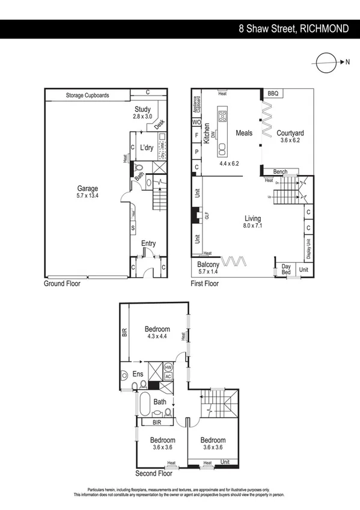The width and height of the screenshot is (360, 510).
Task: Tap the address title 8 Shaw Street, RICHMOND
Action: click(x=293, y=29)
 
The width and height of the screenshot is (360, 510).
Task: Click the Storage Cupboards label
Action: click(x=88, y=95)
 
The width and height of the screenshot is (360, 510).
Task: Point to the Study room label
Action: click(x=143, y=109)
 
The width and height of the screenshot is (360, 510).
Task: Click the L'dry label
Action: click(x=148, y=147)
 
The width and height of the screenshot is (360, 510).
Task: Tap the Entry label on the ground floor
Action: click(x=148, y=243)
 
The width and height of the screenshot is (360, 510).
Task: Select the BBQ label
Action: click(x=274, y=93)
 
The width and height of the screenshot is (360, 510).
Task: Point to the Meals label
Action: click(x=244, y=133)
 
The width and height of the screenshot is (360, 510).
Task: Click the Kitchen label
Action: click(x=206, y=132)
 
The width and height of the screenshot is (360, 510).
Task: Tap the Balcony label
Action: click(x=208, y=264)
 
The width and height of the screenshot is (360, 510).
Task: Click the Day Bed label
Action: click(x=286, y=269)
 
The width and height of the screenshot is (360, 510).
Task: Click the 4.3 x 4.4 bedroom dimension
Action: click(x=157, y=336)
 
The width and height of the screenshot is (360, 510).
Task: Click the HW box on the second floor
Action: click(x=168, y=366)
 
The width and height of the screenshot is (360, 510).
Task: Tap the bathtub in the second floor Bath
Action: click(x=145, y=406)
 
